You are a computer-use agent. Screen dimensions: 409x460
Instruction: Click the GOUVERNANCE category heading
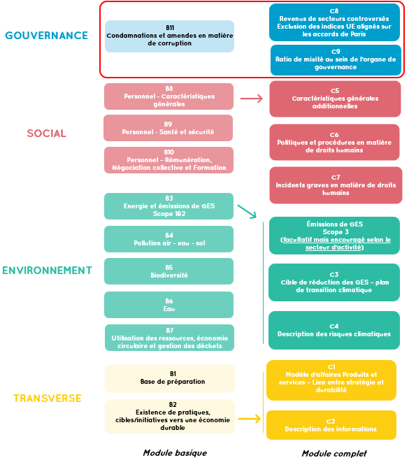coord(46,36)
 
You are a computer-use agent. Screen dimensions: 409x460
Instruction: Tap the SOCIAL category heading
coord(46,134)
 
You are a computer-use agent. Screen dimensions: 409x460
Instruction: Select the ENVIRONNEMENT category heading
coord(47,271)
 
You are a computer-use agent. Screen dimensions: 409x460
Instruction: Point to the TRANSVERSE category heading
coord(48,398)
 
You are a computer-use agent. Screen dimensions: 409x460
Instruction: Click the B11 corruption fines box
coord(170,36)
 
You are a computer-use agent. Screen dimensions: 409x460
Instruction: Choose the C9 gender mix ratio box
coord(336,60)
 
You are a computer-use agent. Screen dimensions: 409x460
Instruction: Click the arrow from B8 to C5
coord(252,99)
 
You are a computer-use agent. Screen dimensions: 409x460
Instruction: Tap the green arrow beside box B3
coord(247,212)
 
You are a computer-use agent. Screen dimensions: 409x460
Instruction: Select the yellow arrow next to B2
coord(250,419)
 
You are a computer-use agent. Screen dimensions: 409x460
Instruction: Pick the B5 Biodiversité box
coord(168,271)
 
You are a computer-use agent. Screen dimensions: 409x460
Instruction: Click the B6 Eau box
coord(168,305)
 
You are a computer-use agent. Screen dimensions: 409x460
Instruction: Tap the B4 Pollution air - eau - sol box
coord(168,239)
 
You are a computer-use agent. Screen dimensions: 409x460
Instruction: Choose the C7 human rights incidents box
coord(336,185)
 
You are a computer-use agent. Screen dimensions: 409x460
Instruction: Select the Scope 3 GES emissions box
coord(334,236)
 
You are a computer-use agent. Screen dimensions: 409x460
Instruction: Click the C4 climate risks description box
coord(334,331)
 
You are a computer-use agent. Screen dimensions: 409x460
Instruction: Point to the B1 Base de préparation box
coord(170,378)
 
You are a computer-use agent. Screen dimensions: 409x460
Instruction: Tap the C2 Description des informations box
coord(331,425)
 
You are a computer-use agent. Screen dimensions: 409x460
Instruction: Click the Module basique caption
coord(175,453)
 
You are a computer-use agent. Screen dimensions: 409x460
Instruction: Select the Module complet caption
coord(334,454)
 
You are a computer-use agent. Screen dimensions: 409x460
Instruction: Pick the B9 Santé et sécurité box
coord(168,128)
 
